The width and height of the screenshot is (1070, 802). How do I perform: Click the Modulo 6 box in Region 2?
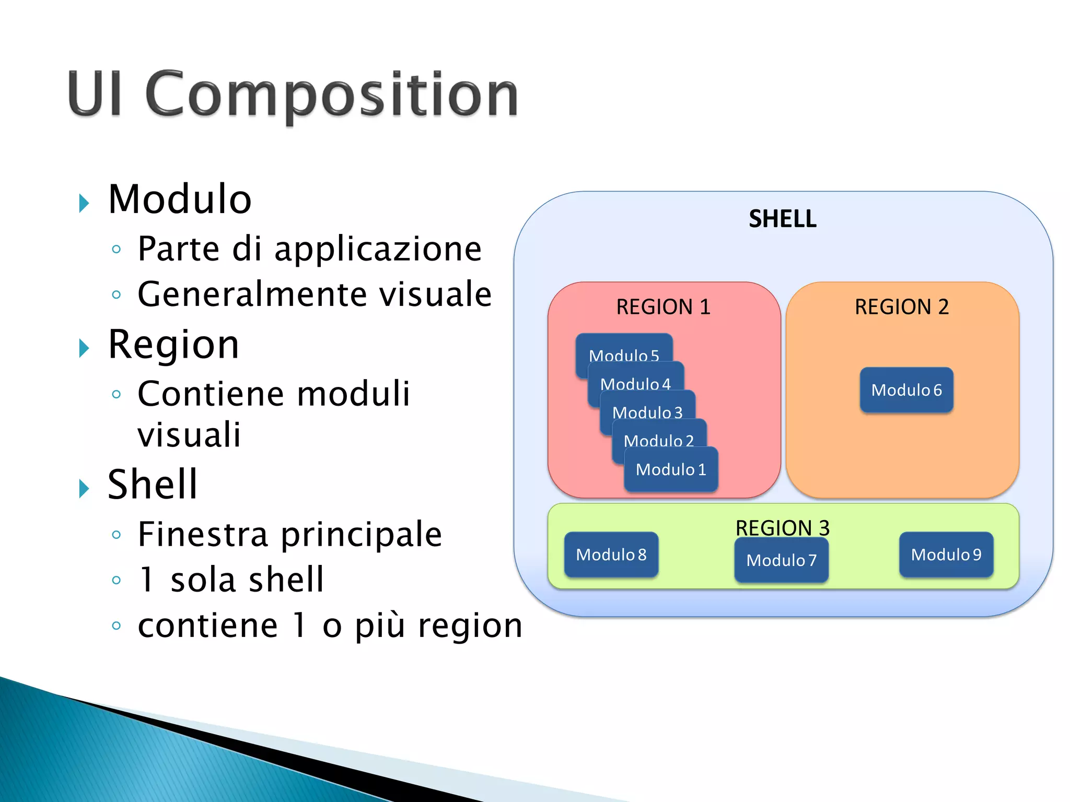coord(906,390)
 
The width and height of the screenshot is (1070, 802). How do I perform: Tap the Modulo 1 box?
coord(671,469)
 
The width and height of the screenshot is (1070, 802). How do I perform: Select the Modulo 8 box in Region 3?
coord(611,555)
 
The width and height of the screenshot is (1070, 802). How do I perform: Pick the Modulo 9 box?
coord(946,555)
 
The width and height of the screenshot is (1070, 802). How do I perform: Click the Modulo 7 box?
coord(781,561)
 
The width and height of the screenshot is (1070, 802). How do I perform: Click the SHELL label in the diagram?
coord(782,219)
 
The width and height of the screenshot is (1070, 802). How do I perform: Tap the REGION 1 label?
coord(663,307)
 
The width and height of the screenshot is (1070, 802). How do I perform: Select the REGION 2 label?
coord(902,307)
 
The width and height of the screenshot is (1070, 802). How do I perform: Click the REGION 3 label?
coord(782,527)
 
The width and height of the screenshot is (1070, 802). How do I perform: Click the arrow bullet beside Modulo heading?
coord(84,203)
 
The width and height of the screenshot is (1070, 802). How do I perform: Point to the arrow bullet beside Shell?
coord(84,488)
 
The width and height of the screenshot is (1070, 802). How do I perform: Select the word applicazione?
coord(377,250)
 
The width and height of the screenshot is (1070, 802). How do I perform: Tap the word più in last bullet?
coord(380,626)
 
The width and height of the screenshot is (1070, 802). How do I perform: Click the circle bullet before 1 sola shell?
coord(117,580)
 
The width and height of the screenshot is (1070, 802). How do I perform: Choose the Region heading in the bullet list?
coord(173,345)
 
